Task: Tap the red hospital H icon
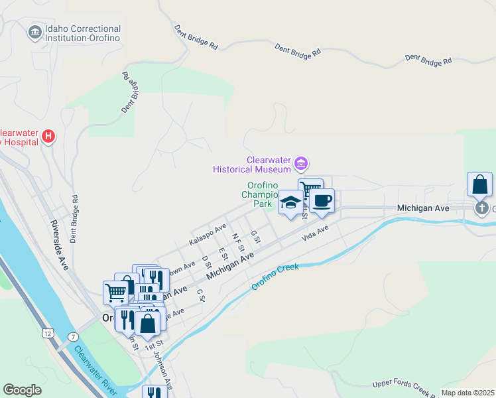coord(48,137)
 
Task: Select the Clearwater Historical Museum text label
coord(252,165)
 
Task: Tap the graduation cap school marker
coord(290,202)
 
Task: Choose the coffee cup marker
coord(322,200)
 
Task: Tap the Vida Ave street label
coord(315,233)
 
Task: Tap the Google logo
coord(22,390)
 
